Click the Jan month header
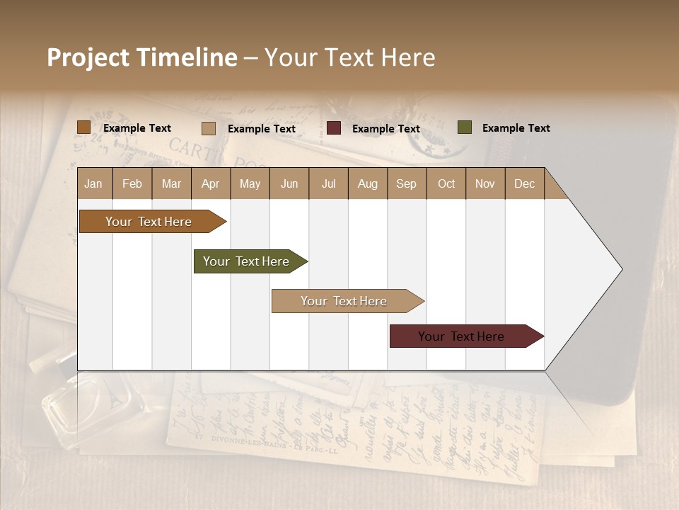pyautogui.click(x=94, y=183)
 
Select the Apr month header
pyautogui.click(x=210, y=183)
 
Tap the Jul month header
pyautogui.click(x=328, y=183)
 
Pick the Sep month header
pyautogui.click(x=406, y=183)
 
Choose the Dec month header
pyautogui.click(x=524, y=183)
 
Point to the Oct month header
pyautogui.click(x=446, y=183)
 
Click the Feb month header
pyautogui.click(x=132, y=183)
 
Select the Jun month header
pyautogui.click(x=289, y=183)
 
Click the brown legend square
pyautogui.click(x=83, y=127)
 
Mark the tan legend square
pyautogui.click(x=208, y=128)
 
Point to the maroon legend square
pyautogui.click(x=334, y=128)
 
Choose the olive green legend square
pyautogui.click(x=464, y=127)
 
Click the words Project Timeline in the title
pyautogui.click(x=142, y=57)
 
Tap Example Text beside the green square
pyautogui.click(x=516, y=128)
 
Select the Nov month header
pyautogui.click(x=485, y=183)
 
